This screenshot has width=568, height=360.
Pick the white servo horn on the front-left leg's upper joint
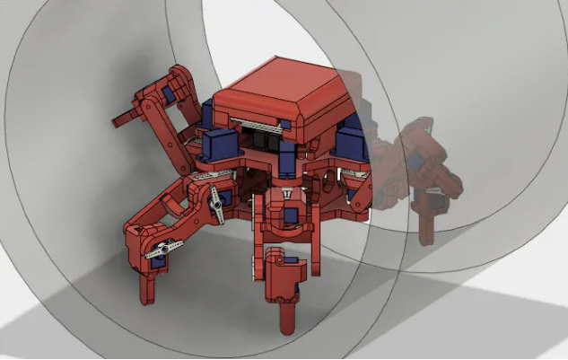[215, 208]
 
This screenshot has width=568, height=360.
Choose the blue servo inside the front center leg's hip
[292, 215]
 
